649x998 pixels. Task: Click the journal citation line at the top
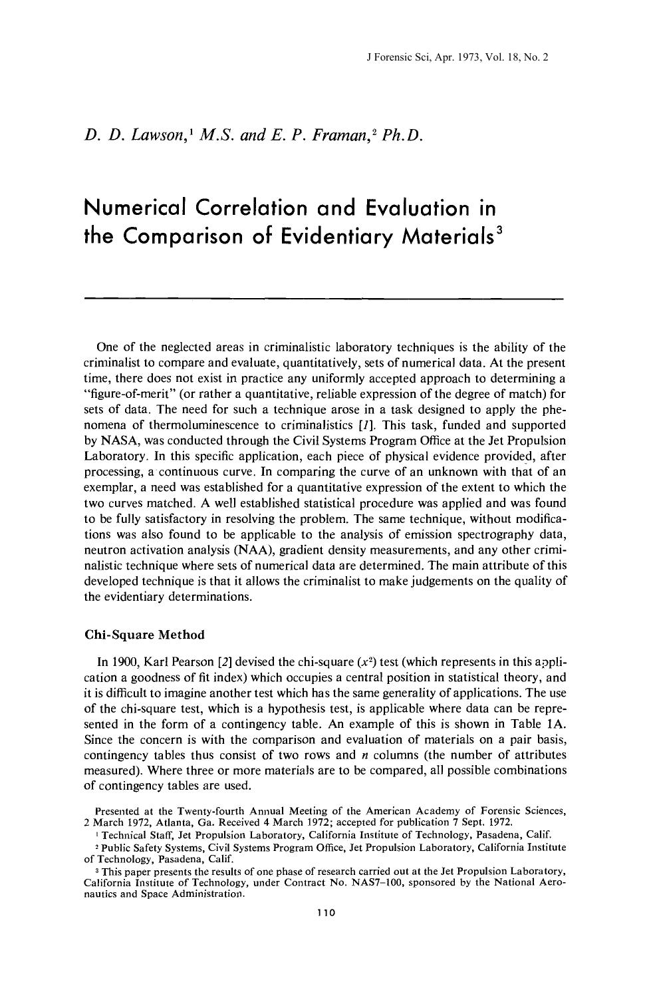[x=457, y=57]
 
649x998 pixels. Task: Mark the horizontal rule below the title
[x=324, y=299]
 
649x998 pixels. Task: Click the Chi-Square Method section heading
[x=144, y=634]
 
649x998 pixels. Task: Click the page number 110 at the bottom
[x=324, y=912]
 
